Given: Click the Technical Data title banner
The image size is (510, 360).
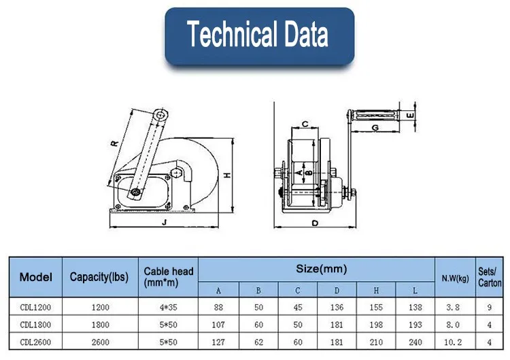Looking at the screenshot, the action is (x=259, y=36).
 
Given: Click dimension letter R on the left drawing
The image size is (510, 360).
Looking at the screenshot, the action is (x=114, y=143).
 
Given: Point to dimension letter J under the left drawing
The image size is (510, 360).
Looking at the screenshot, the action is (x=165, y=223).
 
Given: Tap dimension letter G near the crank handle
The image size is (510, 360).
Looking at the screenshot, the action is (x=375, y=127).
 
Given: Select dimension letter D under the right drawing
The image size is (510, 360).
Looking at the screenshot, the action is (x=315, y=223).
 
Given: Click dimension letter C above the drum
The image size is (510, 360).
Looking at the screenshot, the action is (x=305, y=124).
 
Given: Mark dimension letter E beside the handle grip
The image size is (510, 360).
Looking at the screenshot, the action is (x=411, y=115).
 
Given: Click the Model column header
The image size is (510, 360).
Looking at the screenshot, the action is (x=36, y=277).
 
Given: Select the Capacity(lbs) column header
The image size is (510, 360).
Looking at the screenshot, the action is (x=99, y=277).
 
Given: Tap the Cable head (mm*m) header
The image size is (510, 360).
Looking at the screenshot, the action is (x=169, y=277).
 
